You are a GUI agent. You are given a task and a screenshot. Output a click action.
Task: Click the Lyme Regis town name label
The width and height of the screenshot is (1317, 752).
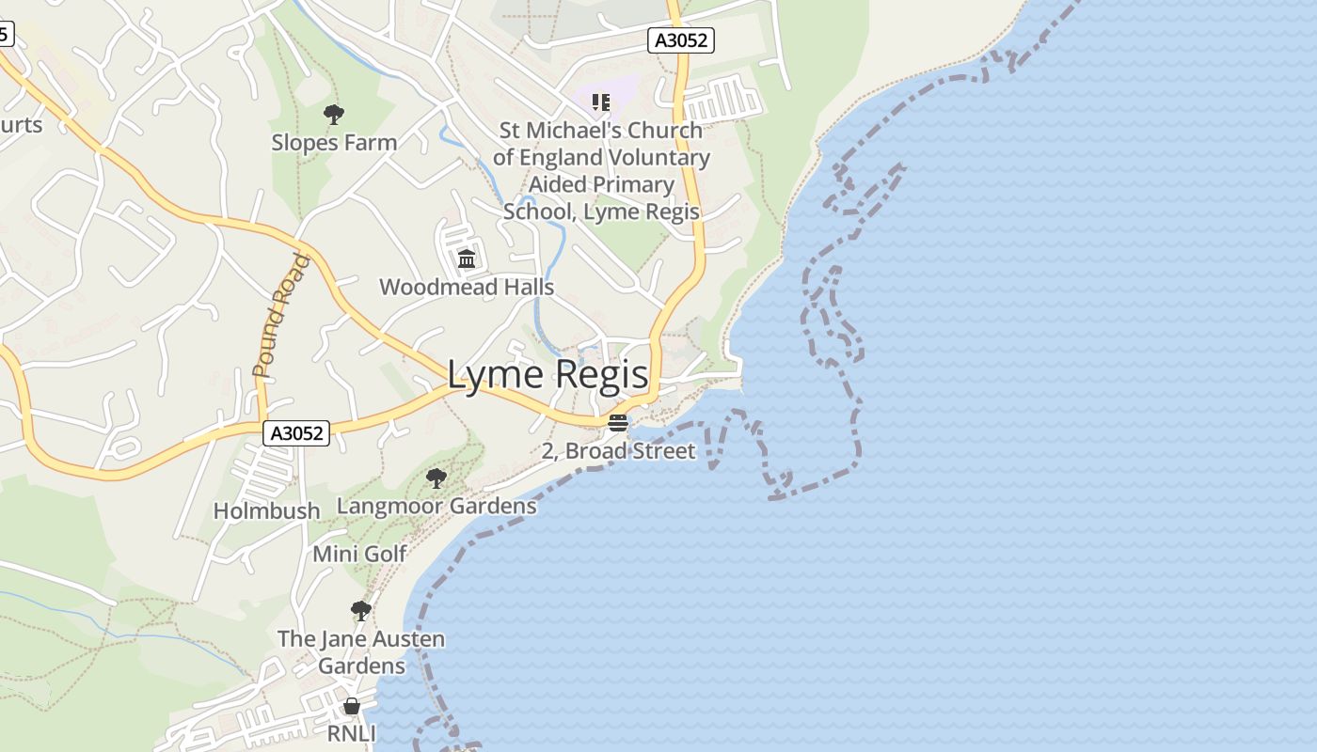tap(547, 375)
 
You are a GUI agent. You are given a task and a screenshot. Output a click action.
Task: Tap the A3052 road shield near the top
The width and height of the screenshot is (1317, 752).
tap(682, 40)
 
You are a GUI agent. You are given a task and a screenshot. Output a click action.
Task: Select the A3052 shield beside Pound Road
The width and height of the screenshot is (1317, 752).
tap(296, 433)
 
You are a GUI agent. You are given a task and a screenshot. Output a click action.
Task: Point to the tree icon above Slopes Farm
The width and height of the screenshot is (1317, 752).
tap(333, 116)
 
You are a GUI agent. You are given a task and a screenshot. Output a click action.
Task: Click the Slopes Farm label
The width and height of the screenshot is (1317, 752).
tap(334, 143)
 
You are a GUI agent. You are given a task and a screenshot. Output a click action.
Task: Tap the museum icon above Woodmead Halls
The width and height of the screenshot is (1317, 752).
tap(466, 258)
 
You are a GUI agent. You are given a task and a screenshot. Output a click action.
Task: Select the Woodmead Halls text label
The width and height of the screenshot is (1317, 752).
tap(467, 287)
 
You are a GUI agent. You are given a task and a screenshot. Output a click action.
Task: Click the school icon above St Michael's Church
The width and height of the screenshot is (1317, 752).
tap(601, 102)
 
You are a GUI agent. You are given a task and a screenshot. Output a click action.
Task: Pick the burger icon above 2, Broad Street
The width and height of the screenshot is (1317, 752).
tap(618, 423)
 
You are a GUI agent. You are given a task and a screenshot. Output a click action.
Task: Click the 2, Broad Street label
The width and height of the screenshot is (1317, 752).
tap(618, 451)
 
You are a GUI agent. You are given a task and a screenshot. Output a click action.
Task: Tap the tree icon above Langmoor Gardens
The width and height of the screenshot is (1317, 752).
tap(436, 478)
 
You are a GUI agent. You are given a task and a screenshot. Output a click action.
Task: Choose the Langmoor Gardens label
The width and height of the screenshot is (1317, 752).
tap(436, 506)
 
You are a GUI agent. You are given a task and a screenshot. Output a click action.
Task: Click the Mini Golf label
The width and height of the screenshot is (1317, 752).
tap(359, 554)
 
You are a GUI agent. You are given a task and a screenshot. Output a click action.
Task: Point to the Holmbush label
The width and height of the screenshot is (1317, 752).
tap(266, 510)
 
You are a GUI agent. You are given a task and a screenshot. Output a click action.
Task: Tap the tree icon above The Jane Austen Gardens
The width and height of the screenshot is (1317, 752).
tap(360, 611)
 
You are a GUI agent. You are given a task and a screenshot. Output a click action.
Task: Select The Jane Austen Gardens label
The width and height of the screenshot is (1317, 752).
tap(361, 652)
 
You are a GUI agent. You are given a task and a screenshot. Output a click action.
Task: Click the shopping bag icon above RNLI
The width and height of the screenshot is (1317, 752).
tap(352, 706)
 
